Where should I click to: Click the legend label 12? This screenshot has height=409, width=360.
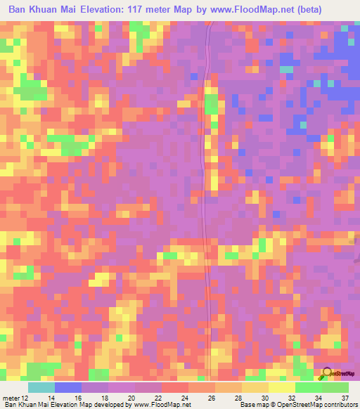[25, 398]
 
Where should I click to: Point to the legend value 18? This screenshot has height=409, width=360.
[105, 398]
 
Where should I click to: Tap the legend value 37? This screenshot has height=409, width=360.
[345, 398]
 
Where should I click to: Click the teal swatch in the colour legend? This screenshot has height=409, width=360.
[41, 387]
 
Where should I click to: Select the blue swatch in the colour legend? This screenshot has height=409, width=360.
[68, 387]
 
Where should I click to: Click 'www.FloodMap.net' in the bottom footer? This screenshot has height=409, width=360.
[159, 405]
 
